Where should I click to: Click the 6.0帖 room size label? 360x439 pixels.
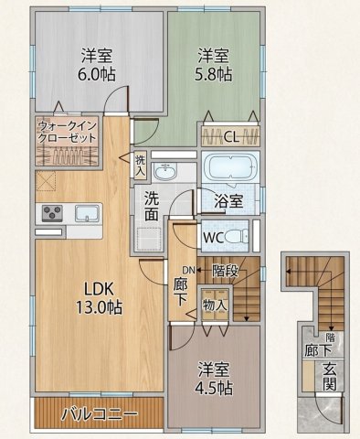pyautogui.click(x=97, y=73)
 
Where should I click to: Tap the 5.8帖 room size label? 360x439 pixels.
pyautogui.click(x=213, y=73)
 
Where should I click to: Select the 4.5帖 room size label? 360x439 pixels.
pyautogui.click(x=214, y=388)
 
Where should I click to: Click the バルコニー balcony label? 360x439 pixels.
pyautogui.click(x=99, y=414)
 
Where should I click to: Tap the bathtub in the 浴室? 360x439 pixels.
pyautogui.click(x=230, y=167)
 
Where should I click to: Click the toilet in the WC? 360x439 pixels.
pyautogui.click(x=238, y=237)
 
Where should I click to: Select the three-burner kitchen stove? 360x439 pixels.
pyautogui.click(x=52, y=213)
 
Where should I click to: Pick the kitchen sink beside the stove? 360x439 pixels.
pyautogui.click(x=87, y=213)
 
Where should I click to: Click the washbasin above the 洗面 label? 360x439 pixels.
pyautogui.click(x=165, y=172)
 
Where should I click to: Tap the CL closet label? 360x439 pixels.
pyautogui.click(x=231, y=137)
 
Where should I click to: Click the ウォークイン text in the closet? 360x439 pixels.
pyautogui.click(x=68, y=125)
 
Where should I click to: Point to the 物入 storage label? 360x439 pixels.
pyautogui.click(x=215, y=305)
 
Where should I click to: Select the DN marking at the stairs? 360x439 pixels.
pyautogui.click(x=188, y=270)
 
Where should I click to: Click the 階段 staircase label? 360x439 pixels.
pyautogui.click(x=225, y=271)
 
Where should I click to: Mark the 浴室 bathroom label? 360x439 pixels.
pyautogui.click(x=228, y=201)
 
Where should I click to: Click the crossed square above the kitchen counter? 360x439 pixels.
pyautogui.click(x=46, y=181)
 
